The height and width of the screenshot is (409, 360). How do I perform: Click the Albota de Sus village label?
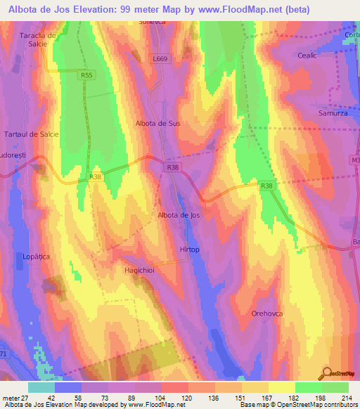point(157,123)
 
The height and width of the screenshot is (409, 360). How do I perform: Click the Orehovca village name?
point(266,313)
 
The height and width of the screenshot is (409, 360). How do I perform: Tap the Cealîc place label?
point(308,56)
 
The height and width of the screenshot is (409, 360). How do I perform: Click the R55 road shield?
point(86,74)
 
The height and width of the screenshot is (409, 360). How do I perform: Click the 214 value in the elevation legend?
point(348,398)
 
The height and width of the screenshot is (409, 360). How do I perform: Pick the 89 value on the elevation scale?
point(132,398)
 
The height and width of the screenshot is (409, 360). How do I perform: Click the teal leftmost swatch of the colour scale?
point(41,387)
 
